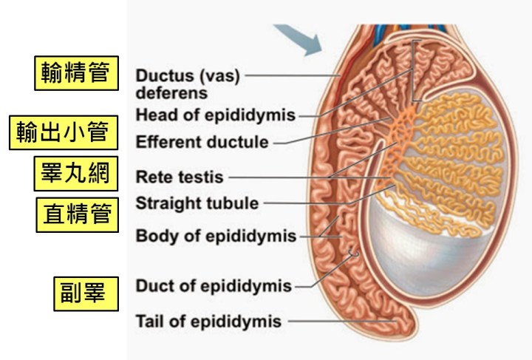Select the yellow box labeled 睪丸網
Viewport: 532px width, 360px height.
(76, 174)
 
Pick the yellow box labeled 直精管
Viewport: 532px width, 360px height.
(77, 214)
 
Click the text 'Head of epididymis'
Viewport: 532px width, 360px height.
(216, 115)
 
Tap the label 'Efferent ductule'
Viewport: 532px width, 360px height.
(202, 141)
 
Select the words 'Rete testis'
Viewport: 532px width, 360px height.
(179, 177)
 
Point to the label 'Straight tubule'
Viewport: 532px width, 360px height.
(197, 203)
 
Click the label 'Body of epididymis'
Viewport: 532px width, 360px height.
(216, 237)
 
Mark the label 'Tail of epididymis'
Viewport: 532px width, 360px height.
(208, 322)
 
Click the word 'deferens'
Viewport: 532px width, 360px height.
(171, 93)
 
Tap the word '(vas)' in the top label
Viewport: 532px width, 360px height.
(218, 76)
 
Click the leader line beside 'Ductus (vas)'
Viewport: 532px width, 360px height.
(292, 75)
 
